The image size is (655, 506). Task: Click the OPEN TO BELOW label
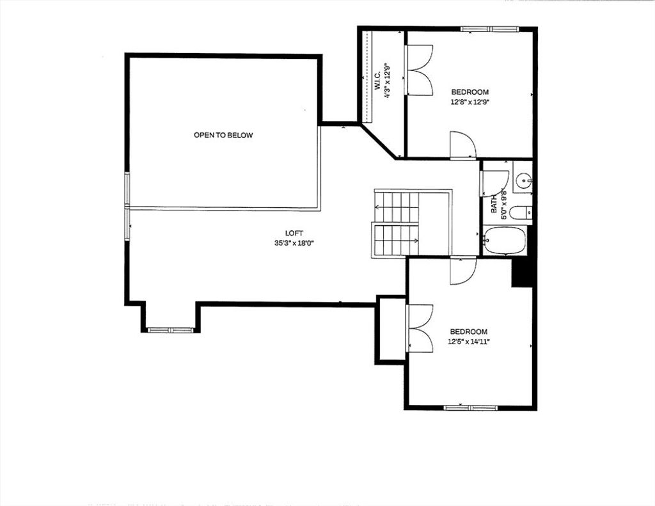[x=223, y=135]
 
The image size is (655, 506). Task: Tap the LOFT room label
[x=294, y=233]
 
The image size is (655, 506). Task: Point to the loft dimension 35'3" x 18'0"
[x=294, y=243]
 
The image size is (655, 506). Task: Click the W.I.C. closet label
[x=377, y=80]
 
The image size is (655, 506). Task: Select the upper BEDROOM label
[x=470, y=92]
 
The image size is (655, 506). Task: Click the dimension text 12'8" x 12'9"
[x=470, y=102]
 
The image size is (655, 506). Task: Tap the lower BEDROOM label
[x=468, y=332]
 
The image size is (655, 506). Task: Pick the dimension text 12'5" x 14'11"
[x=468, y=342]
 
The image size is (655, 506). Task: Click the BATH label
[x=494, y=203]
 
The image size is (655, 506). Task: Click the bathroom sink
[x=523, y=181]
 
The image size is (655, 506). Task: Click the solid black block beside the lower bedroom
[x=522, y=273]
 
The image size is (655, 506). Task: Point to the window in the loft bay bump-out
[x=171, y=330]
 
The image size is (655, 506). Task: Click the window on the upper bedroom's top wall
[x=489, y=29]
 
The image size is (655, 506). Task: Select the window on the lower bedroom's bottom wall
[x=470, y=407]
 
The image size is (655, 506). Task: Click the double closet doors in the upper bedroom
[x=418, y=70]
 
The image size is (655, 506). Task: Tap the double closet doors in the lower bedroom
[x=420, y=328]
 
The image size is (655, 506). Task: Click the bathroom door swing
[x=495, y=183]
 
